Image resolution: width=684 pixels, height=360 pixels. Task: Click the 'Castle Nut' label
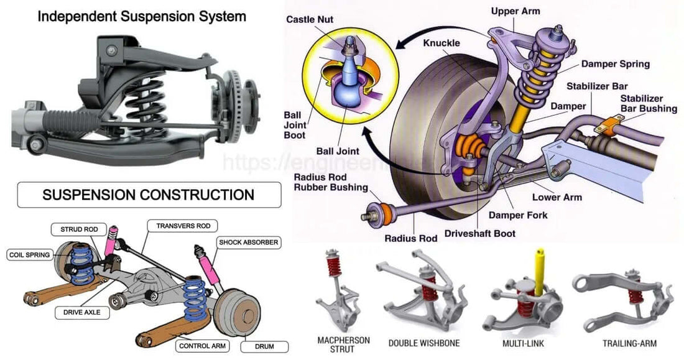(x=310, y=19)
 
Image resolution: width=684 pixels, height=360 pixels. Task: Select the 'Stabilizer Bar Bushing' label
(x=649, y=104)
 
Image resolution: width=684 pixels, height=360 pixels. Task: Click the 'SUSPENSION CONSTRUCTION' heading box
(x=148, y=195)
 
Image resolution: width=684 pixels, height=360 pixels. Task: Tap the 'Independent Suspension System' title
(x=142, y=16)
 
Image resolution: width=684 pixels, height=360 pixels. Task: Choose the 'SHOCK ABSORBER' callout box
(x=248, y=241)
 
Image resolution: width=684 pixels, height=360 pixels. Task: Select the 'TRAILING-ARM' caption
(x=629, y=343)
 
